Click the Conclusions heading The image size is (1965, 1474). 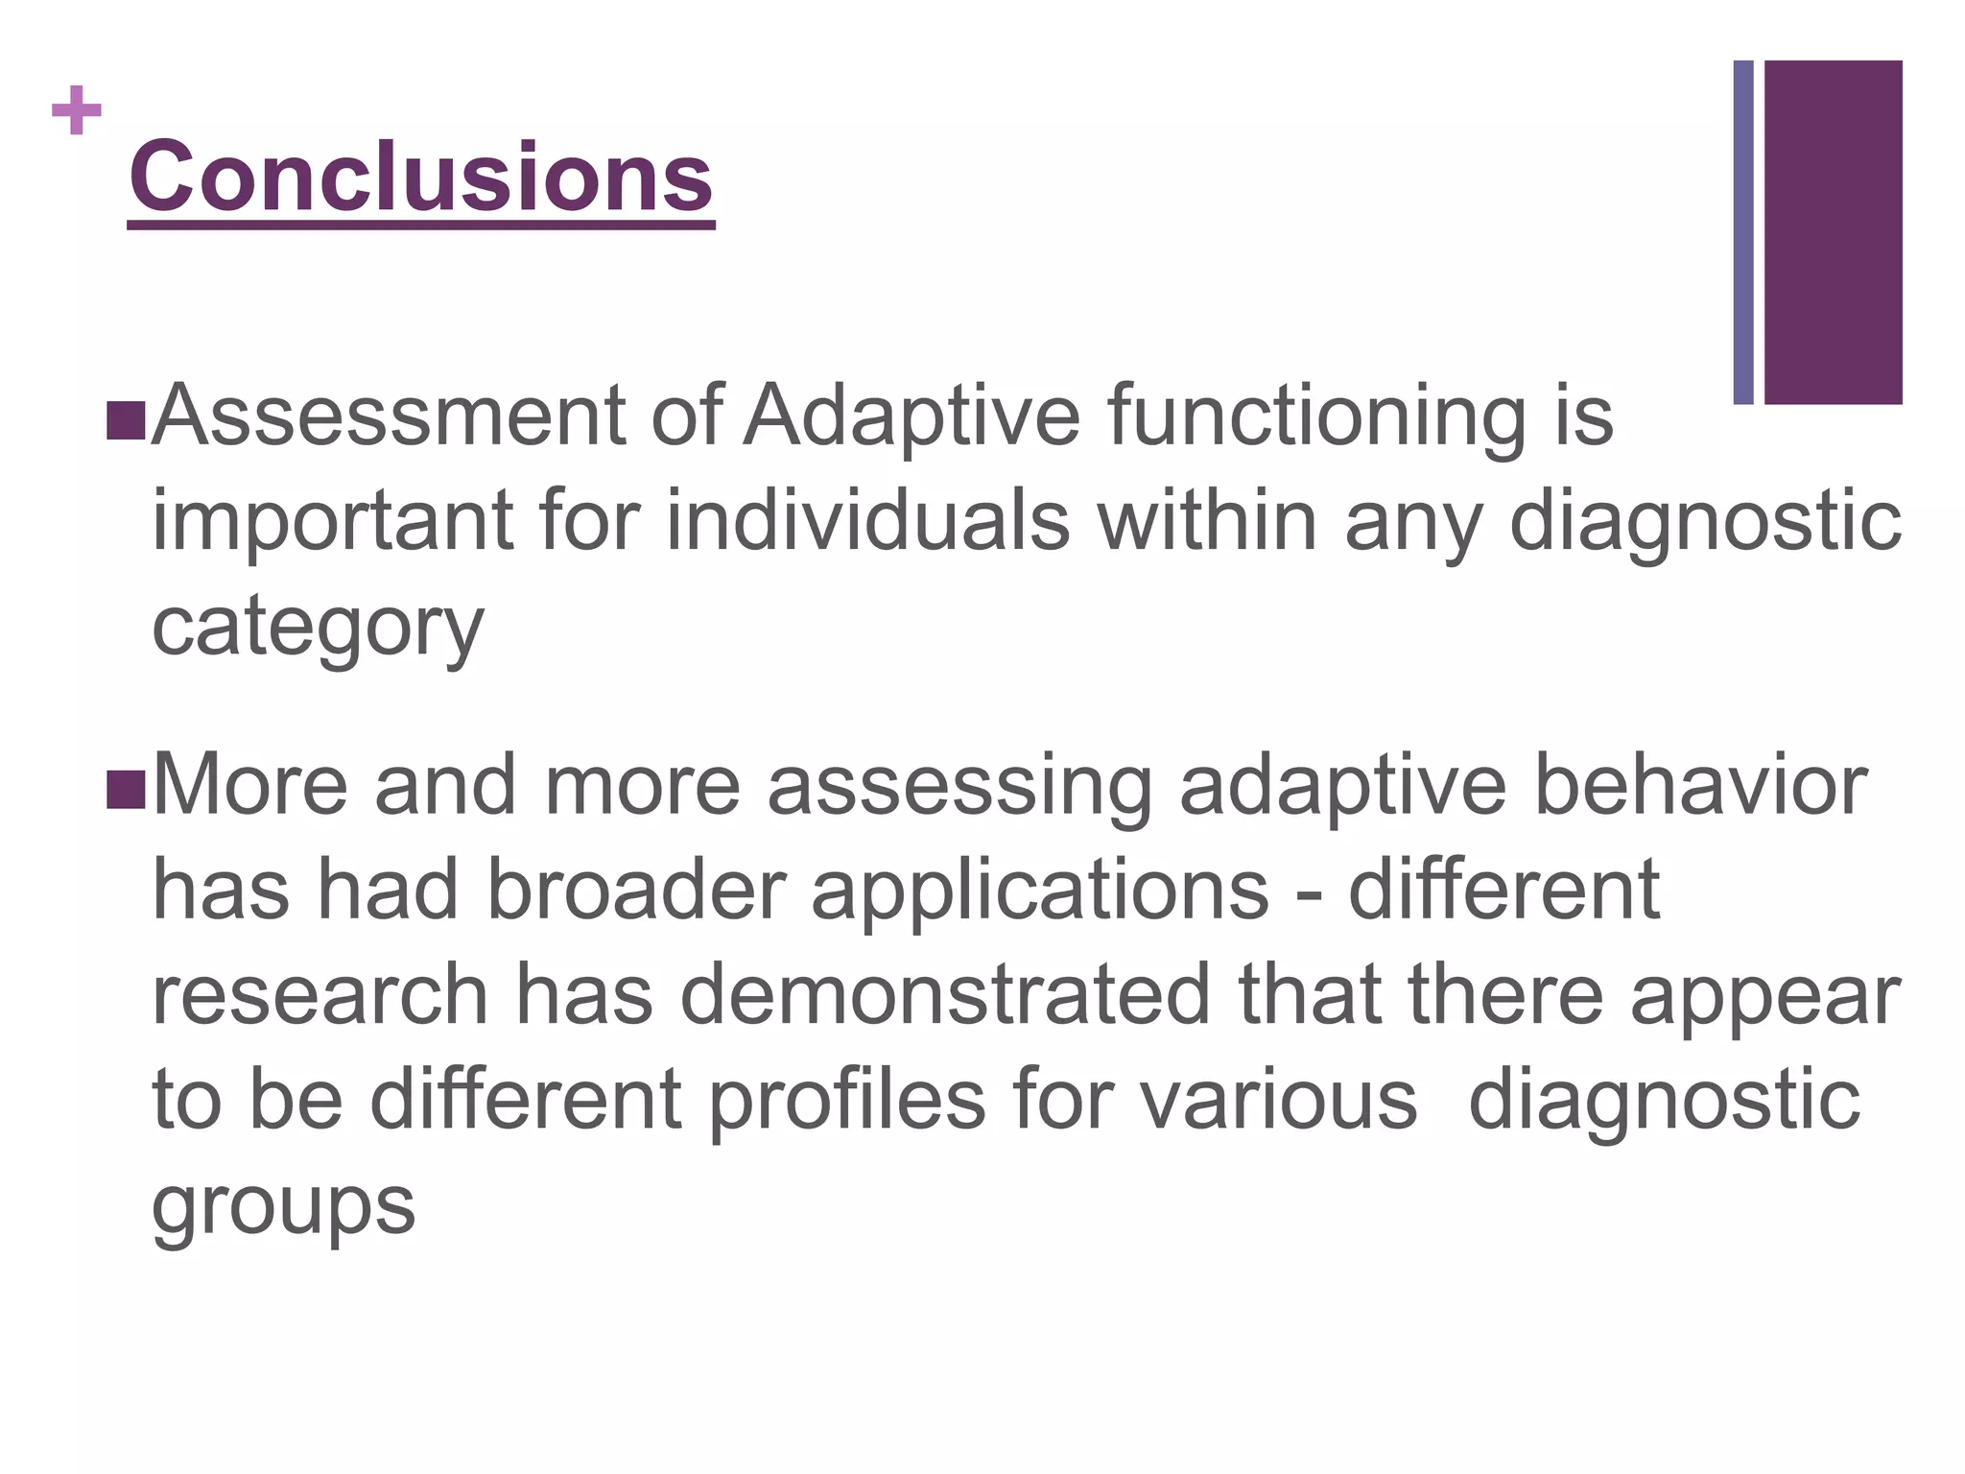(x=421, y=178)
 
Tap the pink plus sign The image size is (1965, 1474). (x=77, y=110)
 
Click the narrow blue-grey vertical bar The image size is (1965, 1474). (x=1743, y=231)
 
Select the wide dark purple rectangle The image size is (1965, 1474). (x=1833, y=231)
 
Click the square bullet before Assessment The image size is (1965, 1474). (x=126, y=420)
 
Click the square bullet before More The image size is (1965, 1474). (x=126, y=789)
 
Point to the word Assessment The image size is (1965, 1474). (x=389, y=416)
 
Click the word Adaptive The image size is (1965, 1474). (x=912, y=416)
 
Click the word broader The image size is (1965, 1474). (x=636, y=890)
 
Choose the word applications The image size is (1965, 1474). (x=1040, y=890)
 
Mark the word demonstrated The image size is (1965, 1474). (x=945, y=995)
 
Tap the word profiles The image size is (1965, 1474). (x=847, y=1100)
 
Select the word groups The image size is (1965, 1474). (x=283, y=1205)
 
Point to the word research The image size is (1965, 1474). (x=320, y=995)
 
